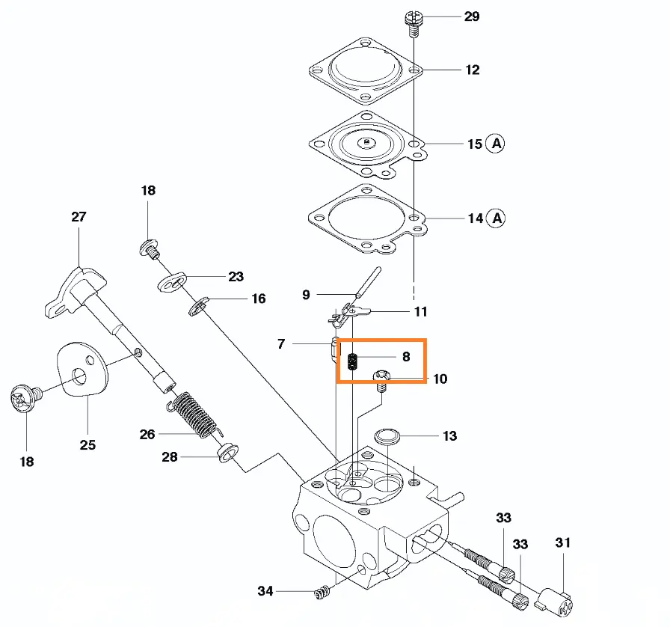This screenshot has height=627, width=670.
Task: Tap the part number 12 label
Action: coord(472,70)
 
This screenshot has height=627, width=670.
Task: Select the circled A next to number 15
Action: coord(496,143)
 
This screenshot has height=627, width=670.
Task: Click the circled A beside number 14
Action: coord(497,218)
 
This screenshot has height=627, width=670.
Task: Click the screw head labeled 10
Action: coord(381,376)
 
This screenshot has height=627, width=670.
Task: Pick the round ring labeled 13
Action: coord(387,437)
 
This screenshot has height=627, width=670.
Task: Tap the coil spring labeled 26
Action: coord(195,415)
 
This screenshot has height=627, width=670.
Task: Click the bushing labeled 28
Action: coord(228,453)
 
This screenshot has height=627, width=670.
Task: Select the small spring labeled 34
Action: coord(322,592)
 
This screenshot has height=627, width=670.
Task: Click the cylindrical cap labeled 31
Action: coord(555,602)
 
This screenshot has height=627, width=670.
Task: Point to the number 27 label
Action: coord(79,217)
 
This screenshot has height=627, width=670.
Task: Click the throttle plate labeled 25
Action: coord(82,369)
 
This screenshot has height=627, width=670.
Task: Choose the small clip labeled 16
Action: coord(199,307)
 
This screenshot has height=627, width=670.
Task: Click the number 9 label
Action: coord(306,295)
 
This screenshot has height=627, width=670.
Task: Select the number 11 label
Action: coord(421,312)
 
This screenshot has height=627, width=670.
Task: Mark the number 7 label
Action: coord(281,344)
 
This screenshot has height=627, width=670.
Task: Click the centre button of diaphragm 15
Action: coord(366,142)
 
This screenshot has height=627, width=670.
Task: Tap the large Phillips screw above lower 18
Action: coord(25,398)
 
